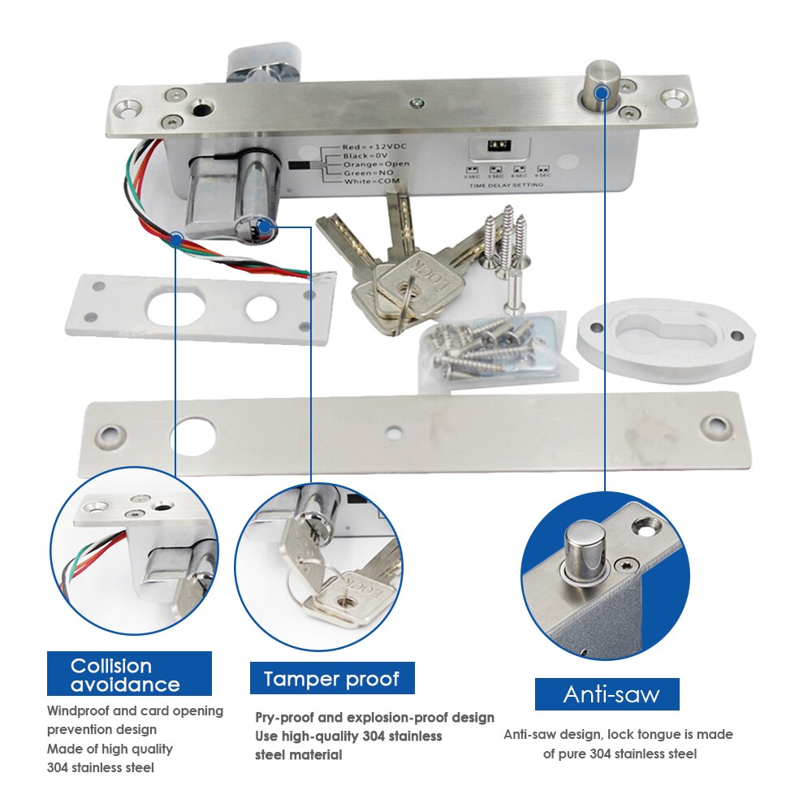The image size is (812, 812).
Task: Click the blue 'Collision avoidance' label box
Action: click(129, 674)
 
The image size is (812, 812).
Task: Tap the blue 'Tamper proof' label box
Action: click(331, 678)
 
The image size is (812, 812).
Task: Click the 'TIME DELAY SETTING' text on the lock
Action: click(506, 185)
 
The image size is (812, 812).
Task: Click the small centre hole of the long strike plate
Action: click(396, 433)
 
